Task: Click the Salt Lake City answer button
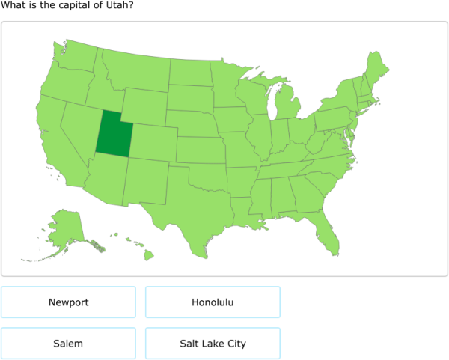pyautogui.click(x=213, y=344)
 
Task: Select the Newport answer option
pyautogui.click(x=68, y=302)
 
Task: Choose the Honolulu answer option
pyautogui.click(x=213, y=302)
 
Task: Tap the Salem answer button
pyautogui.click(x=68, y=344)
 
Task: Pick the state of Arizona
pyautogui.click(x=105, y=180)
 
